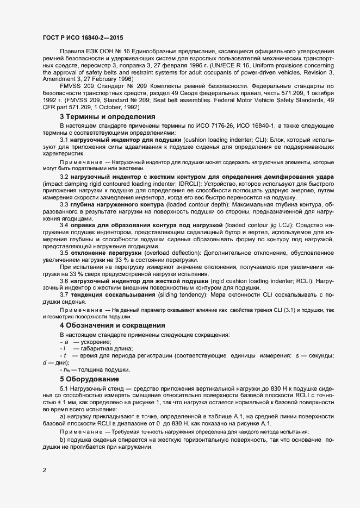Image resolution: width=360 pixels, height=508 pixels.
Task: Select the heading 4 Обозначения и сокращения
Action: point(113,325)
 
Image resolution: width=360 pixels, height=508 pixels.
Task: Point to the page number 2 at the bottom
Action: point(44,470)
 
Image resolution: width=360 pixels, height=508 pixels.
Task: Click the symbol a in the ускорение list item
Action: point(66,342)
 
